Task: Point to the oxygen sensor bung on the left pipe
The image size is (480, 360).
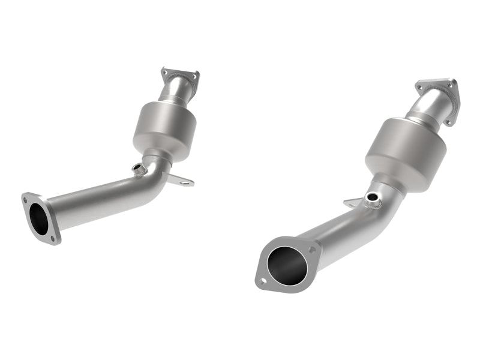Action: tap(139, 170)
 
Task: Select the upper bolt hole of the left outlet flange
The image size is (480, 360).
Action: tap(26, 196)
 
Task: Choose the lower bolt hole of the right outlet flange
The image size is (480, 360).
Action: tap(262, 280)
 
